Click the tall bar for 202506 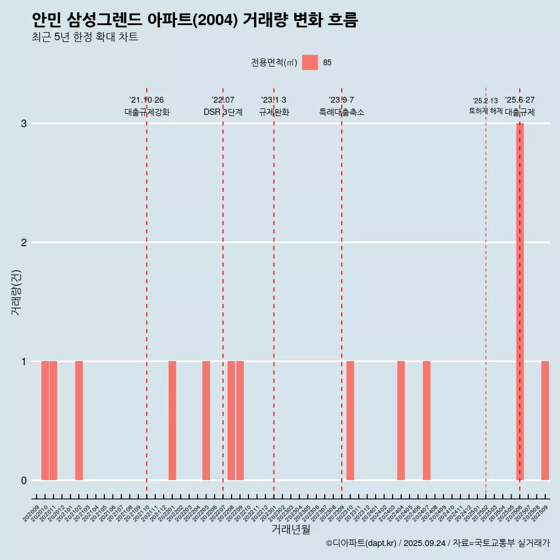(x=520, y=302)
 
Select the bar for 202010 (x=45, y=421)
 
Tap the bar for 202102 (x=79, y=421)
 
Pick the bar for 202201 (x=172, y=421)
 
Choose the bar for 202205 (x=206, y=421)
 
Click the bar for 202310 (x=350, y=421)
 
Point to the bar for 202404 (x=401, y=421)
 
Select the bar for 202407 (x=426, y=421)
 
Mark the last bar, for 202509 (x=545, y=421)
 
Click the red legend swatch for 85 (x=310, y=62)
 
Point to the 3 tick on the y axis (x=24, y=124)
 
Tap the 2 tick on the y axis (x=24, y=243)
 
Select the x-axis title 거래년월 (x=290, y=529)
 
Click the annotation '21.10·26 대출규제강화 (x=146, y=106)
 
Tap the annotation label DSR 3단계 (x=223, y=112)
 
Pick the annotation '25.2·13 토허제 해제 (x=485, y=106)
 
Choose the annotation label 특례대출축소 (x=341, y=112)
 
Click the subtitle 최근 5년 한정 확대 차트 (x=85, y=37)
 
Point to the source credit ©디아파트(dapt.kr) (x=362, y=543)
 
